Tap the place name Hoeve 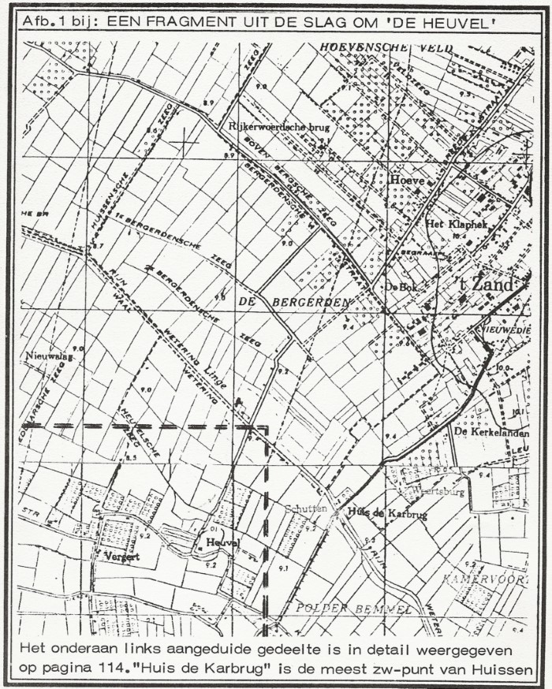(407, 181)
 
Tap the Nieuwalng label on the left (44, 356)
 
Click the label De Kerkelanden (490, 433)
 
